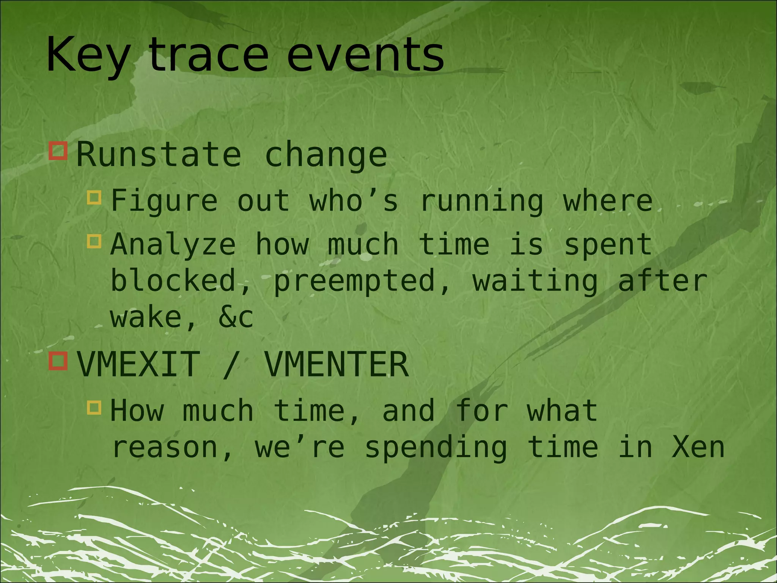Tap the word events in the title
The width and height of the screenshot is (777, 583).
tap(365, 55)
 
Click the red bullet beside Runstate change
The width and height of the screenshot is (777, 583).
tap(58, 151)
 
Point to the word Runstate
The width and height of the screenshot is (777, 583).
tap(159, 154)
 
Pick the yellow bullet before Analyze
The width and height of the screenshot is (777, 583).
tap(94, 241)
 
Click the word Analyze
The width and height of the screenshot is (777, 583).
tap(173, 245)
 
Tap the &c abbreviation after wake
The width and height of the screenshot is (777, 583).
tap(236, 317)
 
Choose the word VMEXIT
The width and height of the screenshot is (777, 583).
tap(139, 364)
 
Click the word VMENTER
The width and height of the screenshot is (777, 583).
tap(336, 364)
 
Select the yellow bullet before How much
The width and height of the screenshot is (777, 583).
tap(94, 407)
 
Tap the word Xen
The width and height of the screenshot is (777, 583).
tap(698, 448)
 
